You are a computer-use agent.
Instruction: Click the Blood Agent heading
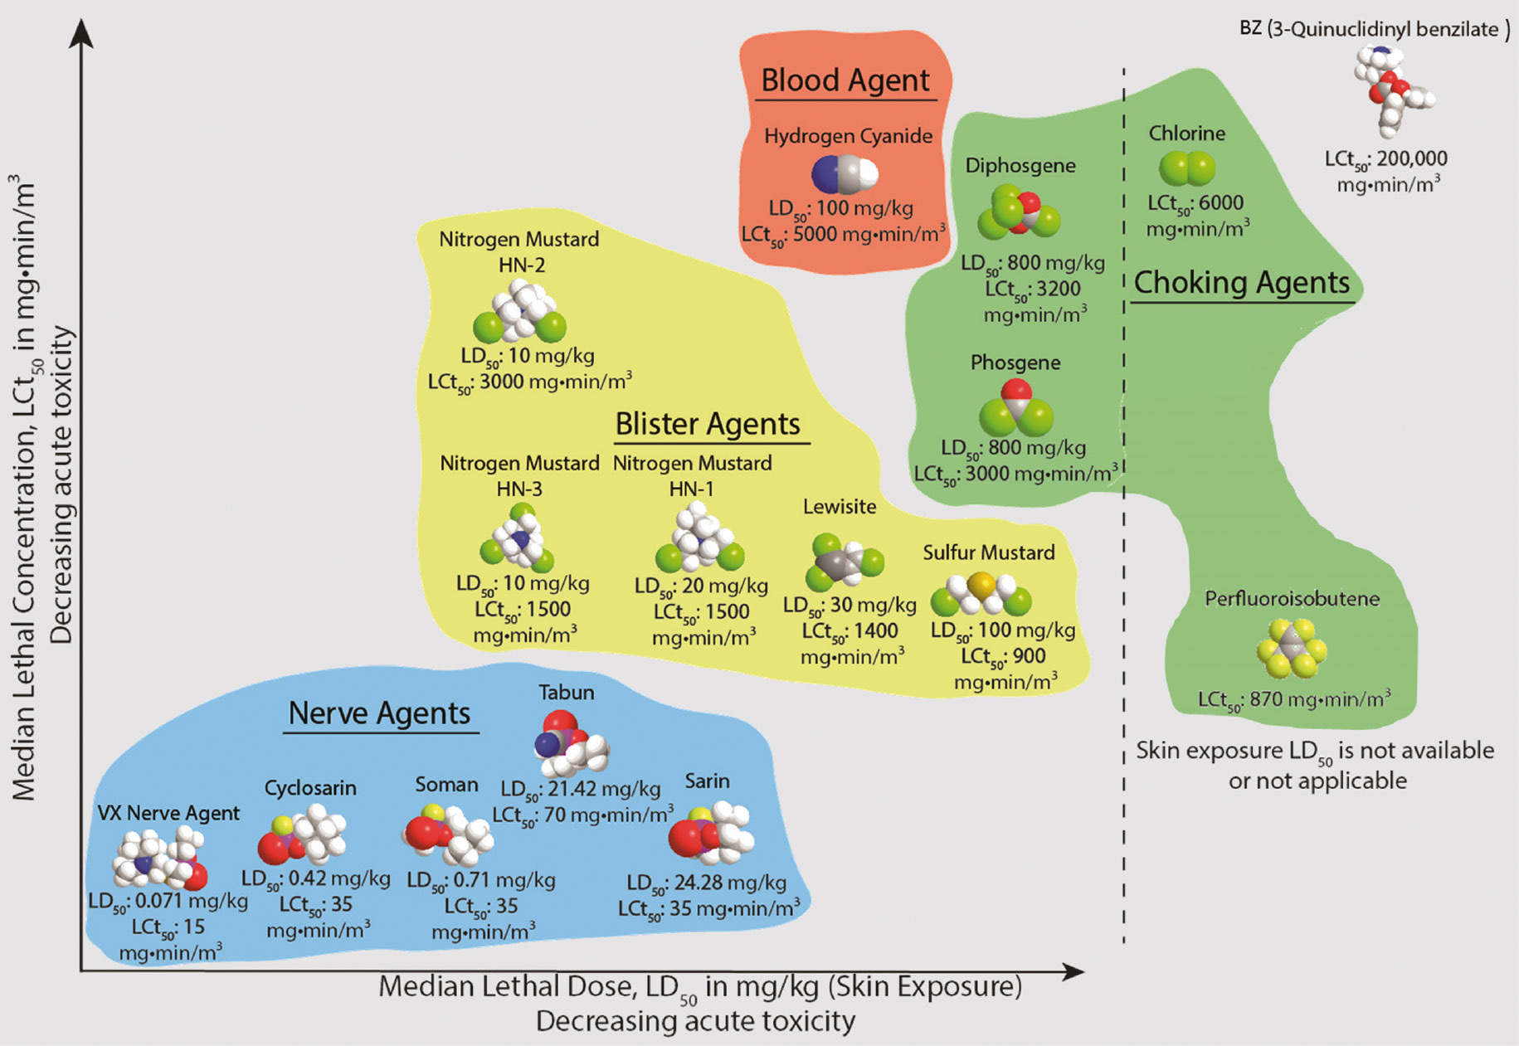click(845, 80)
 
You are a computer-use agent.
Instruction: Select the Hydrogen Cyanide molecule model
click(845, 174)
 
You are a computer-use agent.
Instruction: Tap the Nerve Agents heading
click(379, 713)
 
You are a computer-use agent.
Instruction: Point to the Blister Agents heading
click(708, 424)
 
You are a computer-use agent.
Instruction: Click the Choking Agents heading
click(1242, 283)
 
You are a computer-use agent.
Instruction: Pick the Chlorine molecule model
click(1186, 168)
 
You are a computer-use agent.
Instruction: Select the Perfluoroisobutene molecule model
click(1291, 648)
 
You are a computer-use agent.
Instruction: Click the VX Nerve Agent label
click(168, 813)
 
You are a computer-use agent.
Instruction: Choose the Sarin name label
click(707, 781)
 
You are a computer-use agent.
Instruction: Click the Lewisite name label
click(839, 506)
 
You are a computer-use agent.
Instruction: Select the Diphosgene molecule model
click(1019, 212)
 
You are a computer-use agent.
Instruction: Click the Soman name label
click(446, 784)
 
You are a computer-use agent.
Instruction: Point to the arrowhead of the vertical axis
click(80, 33)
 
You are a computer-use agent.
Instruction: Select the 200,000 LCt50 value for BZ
click(1412, 158)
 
